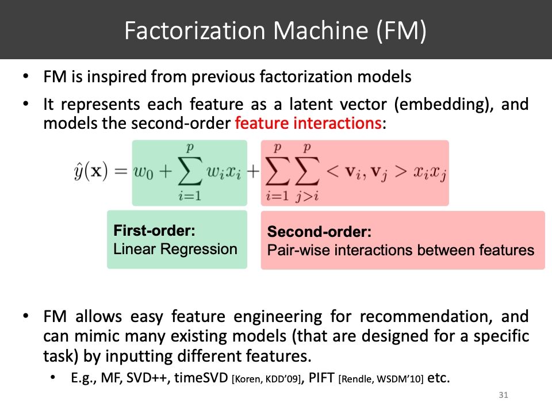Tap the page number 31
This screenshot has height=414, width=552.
504,396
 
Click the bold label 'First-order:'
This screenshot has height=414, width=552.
155,231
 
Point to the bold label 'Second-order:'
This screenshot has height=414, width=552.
320,233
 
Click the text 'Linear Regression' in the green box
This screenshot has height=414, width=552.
175,249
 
